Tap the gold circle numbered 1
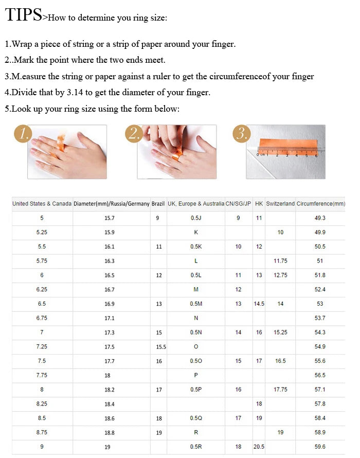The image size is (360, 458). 23,135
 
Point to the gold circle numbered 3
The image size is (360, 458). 241,134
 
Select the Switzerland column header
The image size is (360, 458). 280,204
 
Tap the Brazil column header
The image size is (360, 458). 158,204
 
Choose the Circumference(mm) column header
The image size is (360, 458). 321,204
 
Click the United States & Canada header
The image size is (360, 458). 42,204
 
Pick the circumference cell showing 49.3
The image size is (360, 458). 320,218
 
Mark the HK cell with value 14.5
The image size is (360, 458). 259,304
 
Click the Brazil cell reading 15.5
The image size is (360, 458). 161,347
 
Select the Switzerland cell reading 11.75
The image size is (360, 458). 280,261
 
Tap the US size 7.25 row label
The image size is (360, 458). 42,347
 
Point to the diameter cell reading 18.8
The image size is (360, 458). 110,433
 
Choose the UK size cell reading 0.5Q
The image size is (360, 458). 196,418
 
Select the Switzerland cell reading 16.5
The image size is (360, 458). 280,361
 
